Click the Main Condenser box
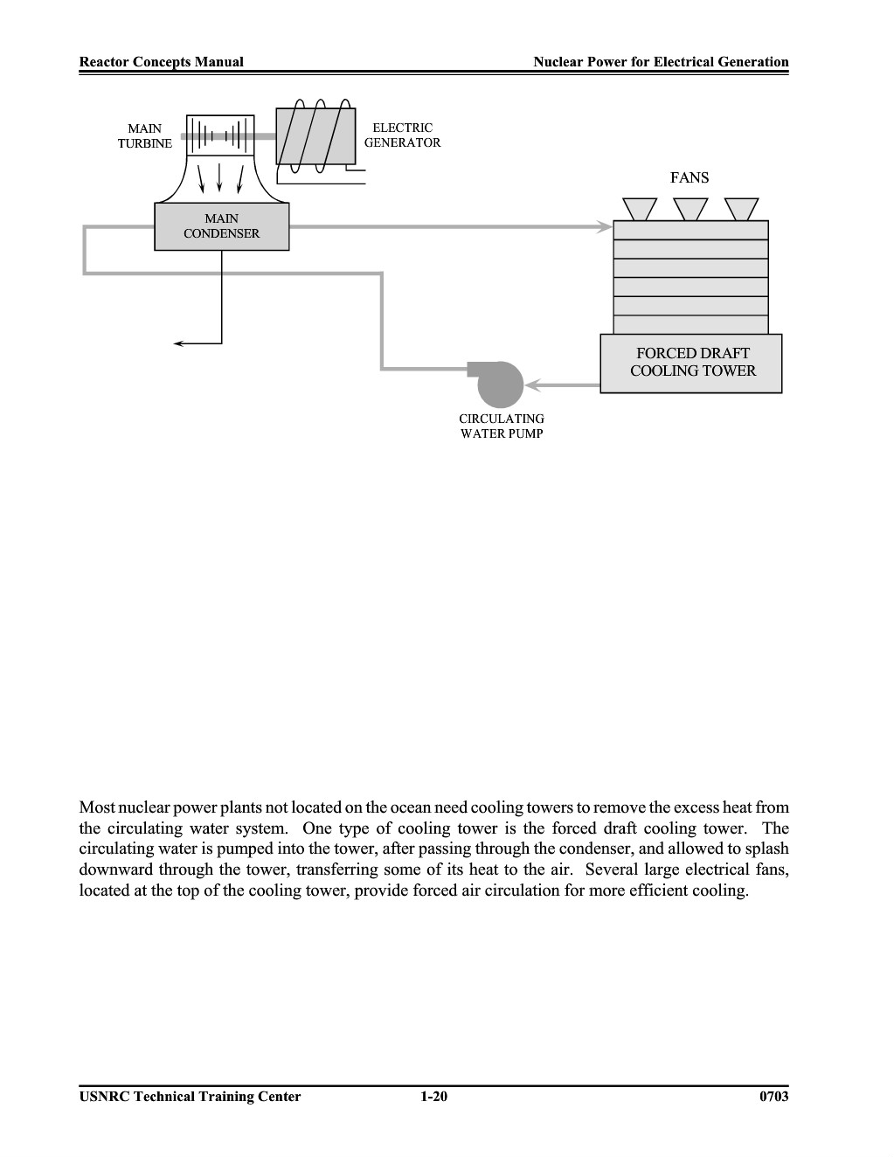click(221, 226)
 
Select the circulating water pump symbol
click(499, 384)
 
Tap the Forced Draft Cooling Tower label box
click(691, 364)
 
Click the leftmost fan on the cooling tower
click(640, 209)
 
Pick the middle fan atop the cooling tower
click(690, 209)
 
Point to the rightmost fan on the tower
click(741, 209)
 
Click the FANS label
click(690, 178)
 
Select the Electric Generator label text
click(403, 135)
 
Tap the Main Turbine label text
click(145, 136)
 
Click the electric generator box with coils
click(315, 136)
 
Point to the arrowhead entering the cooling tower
click(605, 227)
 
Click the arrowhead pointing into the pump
click(533, 385)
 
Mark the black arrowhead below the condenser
click(179, 344)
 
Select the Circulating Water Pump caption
click(502, 426)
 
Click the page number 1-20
click(434, 1097)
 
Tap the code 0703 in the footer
click(774, 1097)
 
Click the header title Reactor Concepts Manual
click(162, 62)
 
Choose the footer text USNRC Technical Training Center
click(191, 1097)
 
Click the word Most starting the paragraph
click(97, 807)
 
